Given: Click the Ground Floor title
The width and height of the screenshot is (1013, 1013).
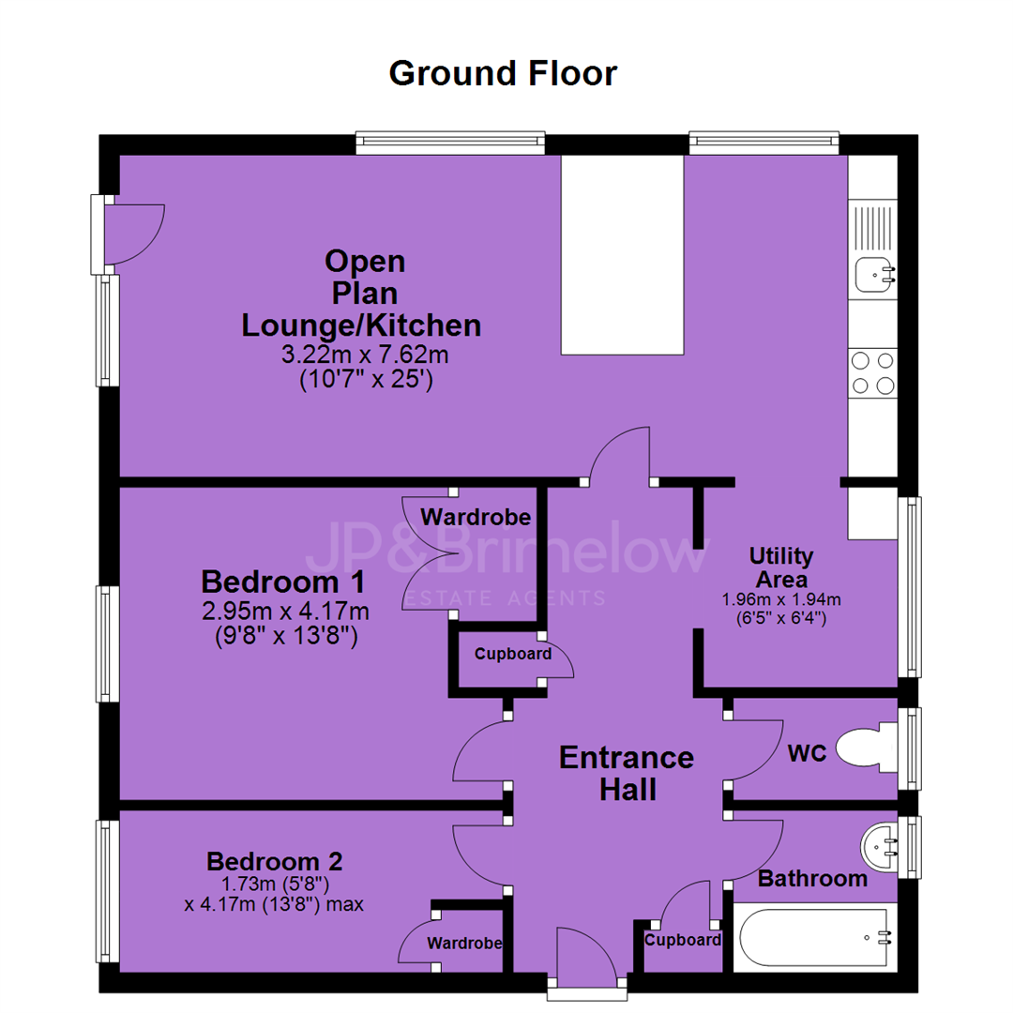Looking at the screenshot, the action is [x=503, y=73].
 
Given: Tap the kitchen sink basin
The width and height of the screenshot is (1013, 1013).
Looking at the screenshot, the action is [x=875, y=275].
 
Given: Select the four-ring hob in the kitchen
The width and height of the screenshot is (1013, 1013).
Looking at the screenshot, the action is [x=873, y=372].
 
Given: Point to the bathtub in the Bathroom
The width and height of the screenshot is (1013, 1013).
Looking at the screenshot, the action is [x=816, y=937].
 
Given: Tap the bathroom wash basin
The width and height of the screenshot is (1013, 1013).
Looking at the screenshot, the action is [x=879, y=846].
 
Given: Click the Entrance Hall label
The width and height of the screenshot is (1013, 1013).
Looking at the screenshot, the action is [x=627, y=773].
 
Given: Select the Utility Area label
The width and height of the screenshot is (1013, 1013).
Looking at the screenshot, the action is [x=781, y=567].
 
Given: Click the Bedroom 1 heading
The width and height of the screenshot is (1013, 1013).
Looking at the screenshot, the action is [x=283, y=582].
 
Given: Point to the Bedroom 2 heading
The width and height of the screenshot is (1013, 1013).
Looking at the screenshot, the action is [x=274, y=861].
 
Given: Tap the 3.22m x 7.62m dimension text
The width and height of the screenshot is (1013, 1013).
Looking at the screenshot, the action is [x=365, y=354].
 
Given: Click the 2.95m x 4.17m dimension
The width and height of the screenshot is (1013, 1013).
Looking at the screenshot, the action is [x=285, y=610].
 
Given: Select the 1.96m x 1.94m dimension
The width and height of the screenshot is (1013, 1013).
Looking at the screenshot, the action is [x=781, y=599].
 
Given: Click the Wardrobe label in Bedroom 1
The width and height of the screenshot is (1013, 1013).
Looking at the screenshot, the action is [x=476, y=517].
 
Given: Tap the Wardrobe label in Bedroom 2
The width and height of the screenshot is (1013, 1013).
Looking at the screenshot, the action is [x=464, y=944].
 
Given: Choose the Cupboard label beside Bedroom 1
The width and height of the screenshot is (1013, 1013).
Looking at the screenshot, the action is [x=513, y=654].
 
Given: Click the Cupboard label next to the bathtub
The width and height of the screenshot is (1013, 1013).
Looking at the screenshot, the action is [x=682, y=940].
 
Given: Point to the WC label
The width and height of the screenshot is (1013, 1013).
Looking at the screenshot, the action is [x=807, y=752].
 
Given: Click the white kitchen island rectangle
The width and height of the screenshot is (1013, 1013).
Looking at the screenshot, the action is [x=622, y=254].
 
